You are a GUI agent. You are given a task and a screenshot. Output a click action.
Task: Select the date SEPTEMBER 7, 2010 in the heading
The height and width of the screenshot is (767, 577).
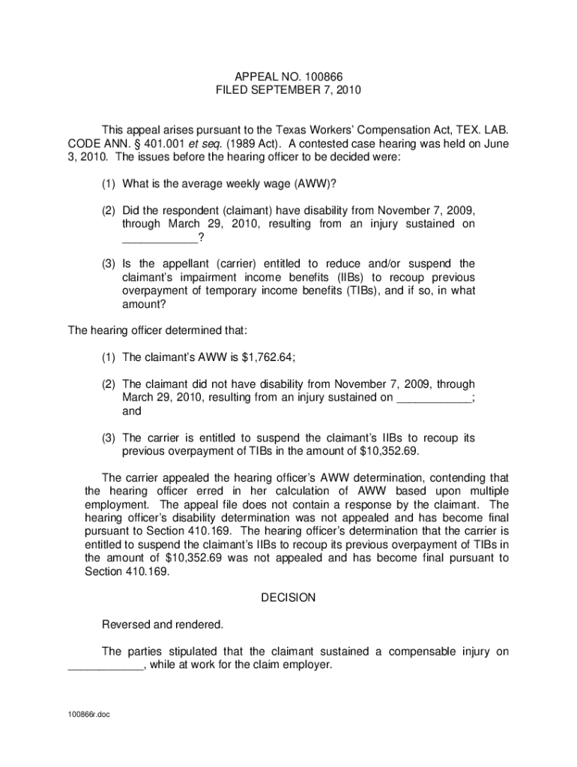(x=309, y=91)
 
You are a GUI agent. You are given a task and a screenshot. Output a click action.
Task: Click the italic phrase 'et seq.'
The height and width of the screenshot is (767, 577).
(x=193, y=145)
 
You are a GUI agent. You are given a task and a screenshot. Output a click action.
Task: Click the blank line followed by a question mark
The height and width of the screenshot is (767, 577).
(x=160, y=238)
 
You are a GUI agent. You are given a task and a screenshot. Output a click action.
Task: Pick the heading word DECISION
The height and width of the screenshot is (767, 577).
(x=288, y=598)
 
